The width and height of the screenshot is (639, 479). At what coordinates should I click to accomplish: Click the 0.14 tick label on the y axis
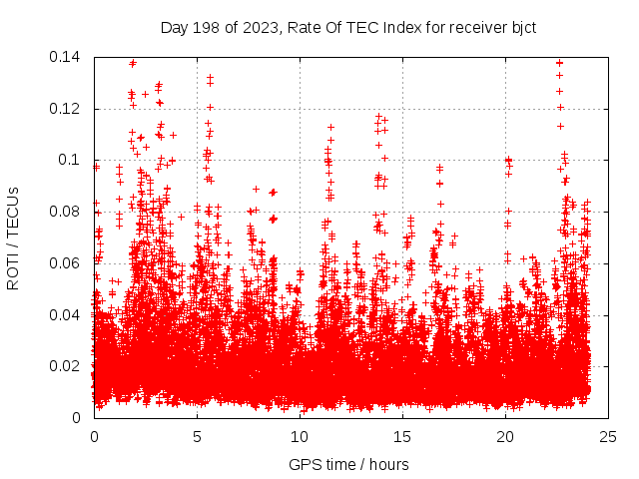66,57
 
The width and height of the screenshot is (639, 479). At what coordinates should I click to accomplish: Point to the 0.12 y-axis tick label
66,109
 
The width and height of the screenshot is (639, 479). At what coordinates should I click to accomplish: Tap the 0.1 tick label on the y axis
72,160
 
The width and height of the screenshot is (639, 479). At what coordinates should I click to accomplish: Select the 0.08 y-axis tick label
66,212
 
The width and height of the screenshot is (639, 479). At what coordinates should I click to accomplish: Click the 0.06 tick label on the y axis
66,263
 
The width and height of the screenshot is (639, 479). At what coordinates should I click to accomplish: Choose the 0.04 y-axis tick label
66,315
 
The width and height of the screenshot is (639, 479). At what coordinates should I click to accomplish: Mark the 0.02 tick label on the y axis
66,366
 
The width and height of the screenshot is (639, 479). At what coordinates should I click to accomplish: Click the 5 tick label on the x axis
198,436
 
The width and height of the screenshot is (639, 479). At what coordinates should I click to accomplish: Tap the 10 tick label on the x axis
300,436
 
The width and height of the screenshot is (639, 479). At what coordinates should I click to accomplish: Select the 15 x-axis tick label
403,436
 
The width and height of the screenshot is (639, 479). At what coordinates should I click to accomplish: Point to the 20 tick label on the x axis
506,436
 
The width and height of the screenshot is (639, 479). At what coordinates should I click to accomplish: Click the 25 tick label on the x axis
609,436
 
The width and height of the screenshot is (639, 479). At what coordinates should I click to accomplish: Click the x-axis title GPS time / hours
348,464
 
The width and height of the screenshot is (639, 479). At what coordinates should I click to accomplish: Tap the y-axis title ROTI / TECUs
14,238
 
